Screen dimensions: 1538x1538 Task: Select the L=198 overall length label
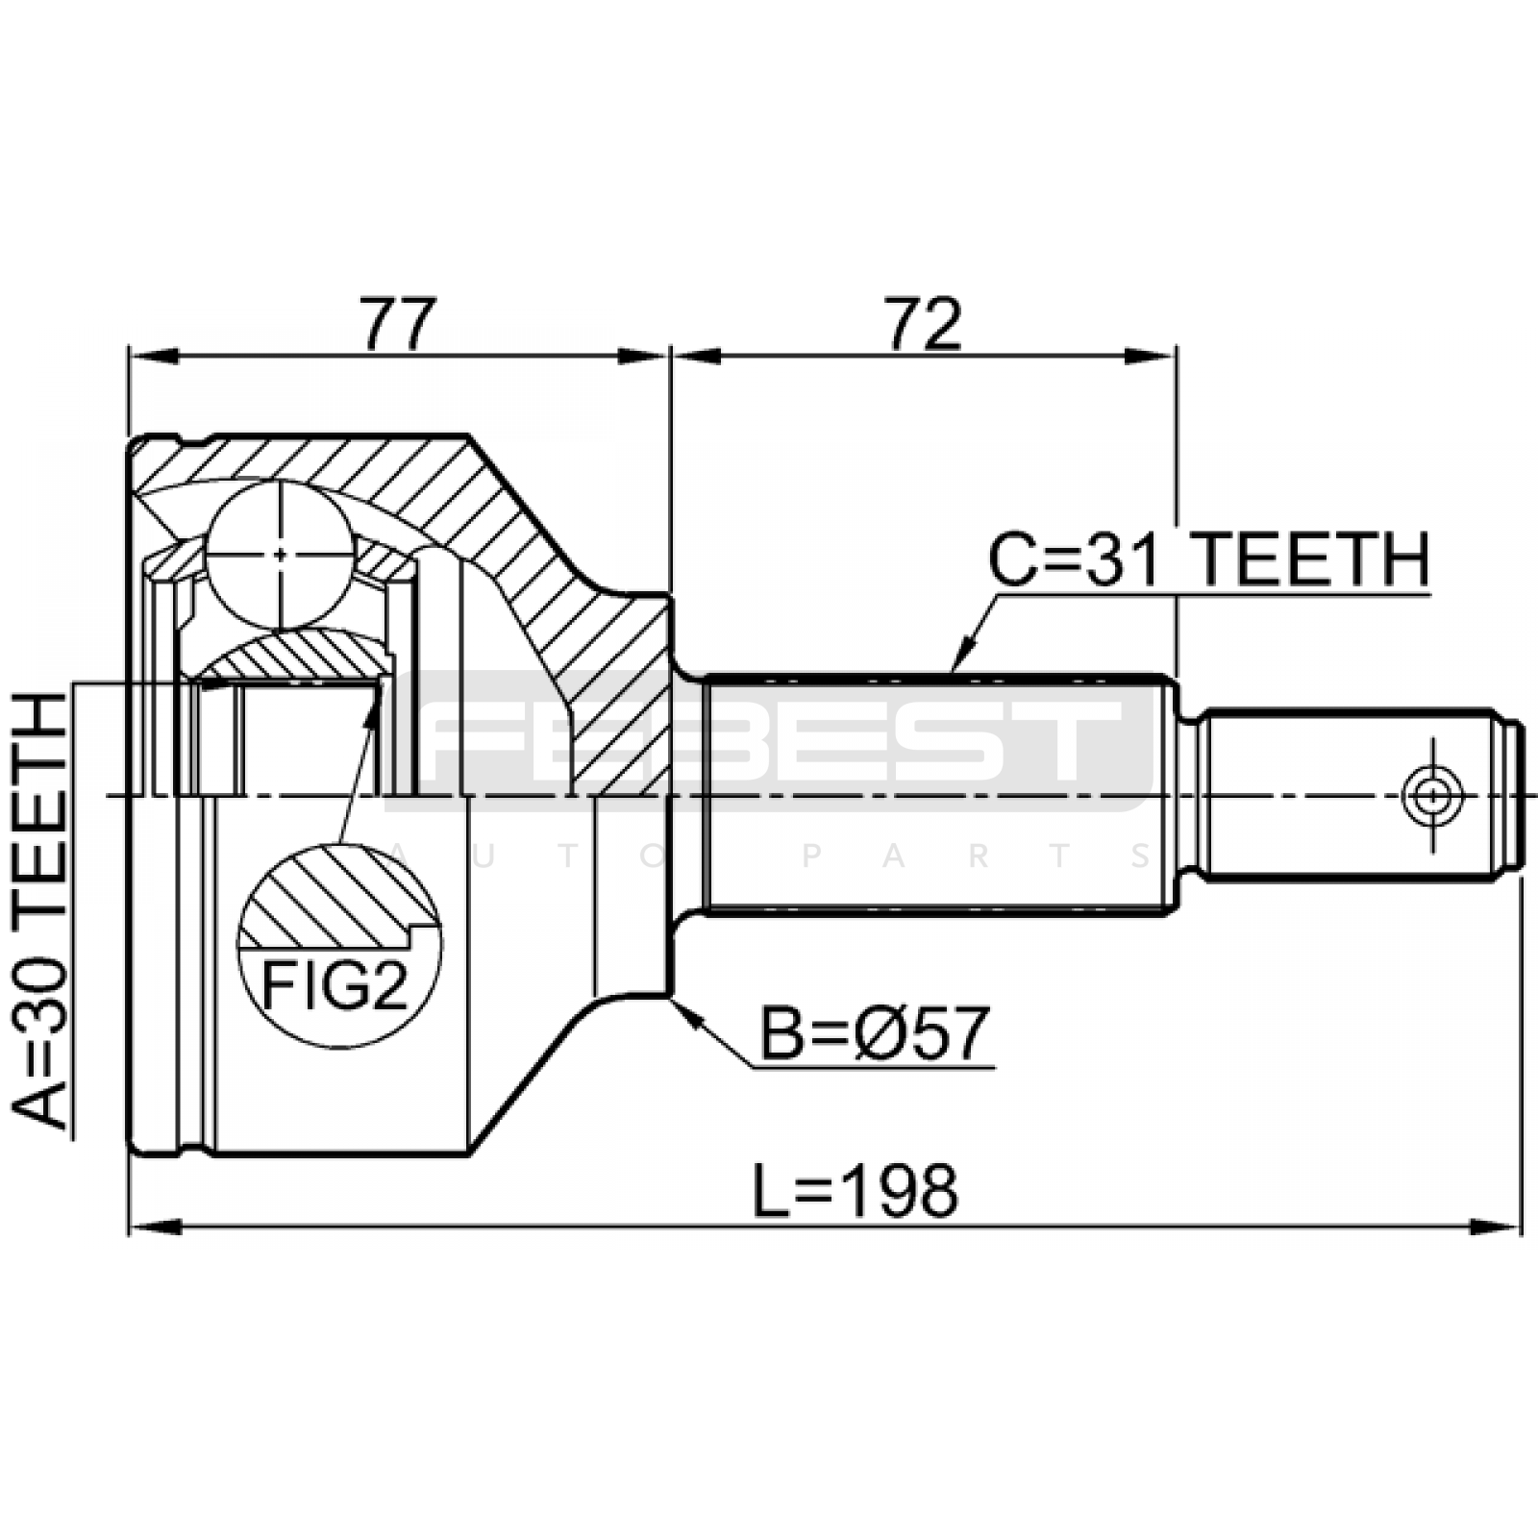[x=856, y=1191]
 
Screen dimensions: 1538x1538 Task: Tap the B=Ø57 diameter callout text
[x=876, y=1032]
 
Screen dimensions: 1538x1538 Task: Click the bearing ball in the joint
[x=280, y=555]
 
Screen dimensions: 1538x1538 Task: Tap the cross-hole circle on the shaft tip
[x=1432, y=796]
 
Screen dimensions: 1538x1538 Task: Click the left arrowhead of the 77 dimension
[x=155, y=357]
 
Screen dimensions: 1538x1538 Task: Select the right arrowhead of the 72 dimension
[x=1152, y=357]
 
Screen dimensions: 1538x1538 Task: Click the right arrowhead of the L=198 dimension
[x=1497, y=1228]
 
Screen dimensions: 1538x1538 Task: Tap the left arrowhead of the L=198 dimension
[x=155, y=1228]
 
